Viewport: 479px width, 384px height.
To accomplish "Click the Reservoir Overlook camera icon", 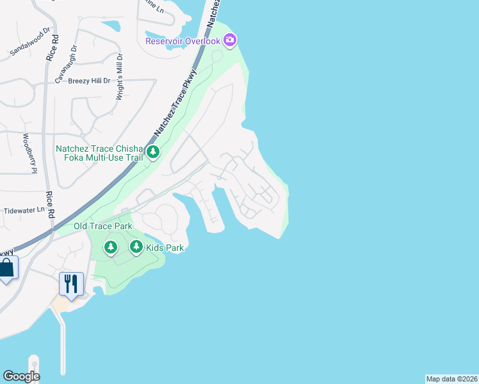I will point(230,41).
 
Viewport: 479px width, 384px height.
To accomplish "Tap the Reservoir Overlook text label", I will point(183,41).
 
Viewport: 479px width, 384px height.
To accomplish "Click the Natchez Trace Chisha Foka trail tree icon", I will point(153,152).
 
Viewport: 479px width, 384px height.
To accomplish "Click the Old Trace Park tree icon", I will point(111,246).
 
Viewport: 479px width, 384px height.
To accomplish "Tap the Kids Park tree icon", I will point(136,246).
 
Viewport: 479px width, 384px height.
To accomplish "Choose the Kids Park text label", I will point(165,248).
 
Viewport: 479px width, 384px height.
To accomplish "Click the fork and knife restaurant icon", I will point(72,284).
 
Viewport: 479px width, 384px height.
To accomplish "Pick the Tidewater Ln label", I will point(23,209).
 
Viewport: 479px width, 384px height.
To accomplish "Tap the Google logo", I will point(21,376).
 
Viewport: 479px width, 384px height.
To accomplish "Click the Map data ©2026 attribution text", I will point(451,379).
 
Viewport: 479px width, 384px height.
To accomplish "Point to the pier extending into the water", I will point(63,346).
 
